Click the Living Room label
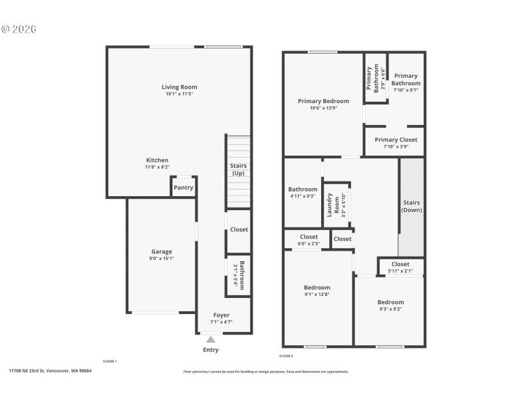179,87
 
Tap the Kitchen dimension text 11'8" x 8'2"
158,168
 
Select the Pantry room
184,188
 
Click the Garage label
162,252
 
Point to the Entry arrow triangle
210,340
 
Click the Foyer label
221,315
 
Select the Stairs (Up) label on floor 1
238,169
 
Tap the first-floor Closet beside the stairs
239,229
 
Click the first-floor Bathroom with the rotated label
238,275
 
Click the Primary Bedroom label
323,101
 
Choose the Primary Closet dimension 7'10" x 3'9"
396,147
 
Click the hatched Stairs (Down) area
412,206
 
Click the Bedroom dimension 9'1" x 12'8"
317,295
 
